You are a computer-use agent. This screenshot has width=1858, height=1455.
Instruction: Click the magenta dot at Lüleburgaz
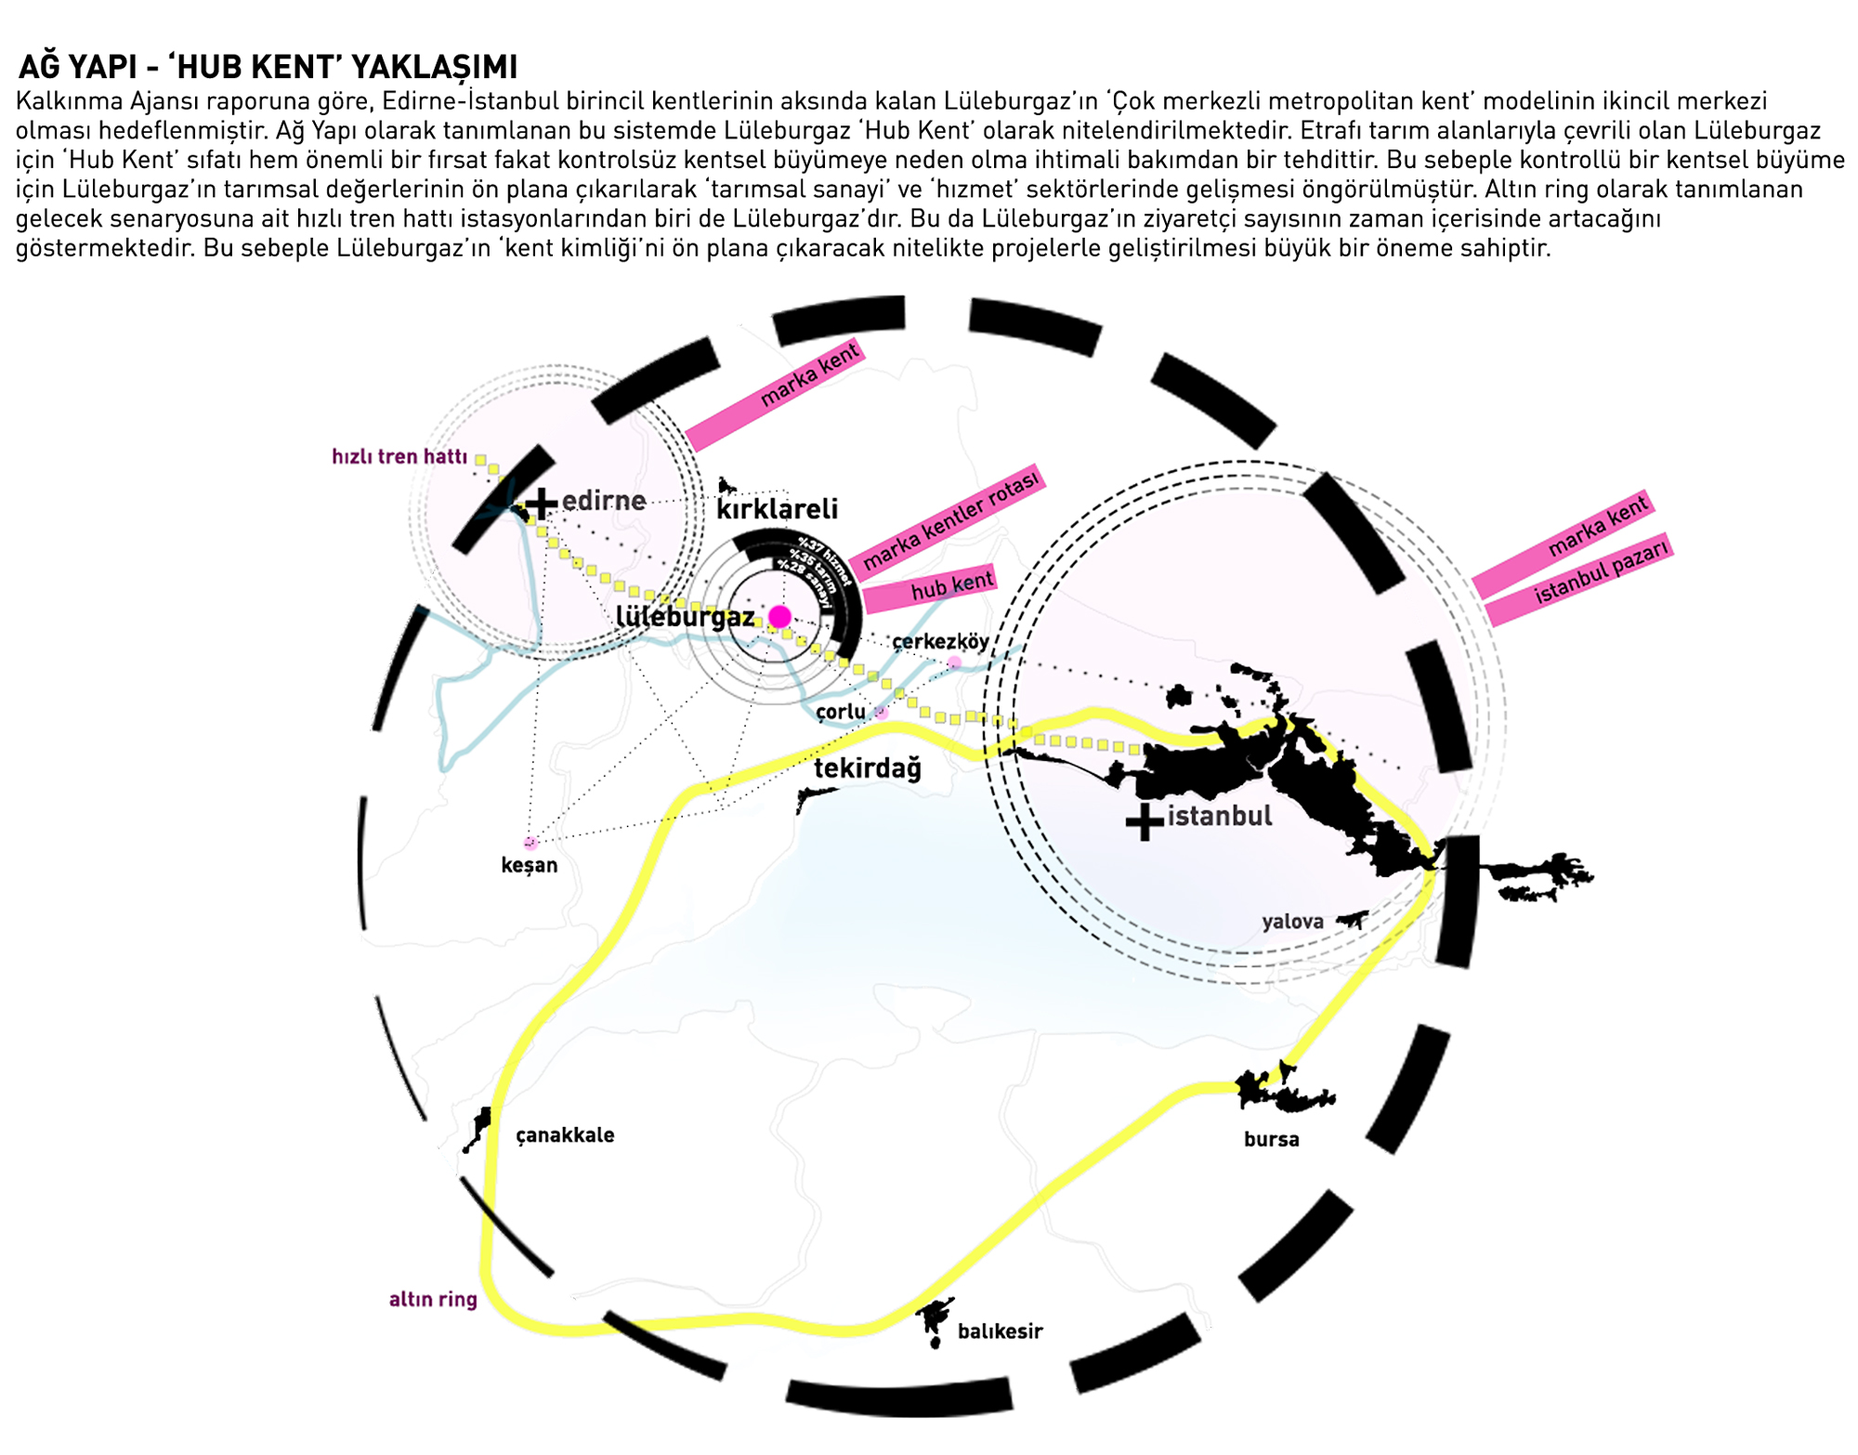pyautogui.click(x=779, y=617)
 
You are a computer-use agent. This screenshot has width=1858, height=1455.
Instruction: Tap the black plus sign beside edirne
pyautogui.click(x=541, y=504)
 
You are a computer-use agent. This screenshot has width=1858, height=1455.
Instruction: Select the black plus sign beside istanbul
pyautogui.click(x=1145, y=821)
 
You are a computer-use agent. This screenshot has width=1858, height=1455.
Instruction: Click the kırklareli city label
pyautogui.click(x=777, y=509)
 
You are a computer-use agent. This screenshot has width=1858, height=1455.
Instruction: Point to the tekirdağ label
pyautogui.click(x=868, y=768)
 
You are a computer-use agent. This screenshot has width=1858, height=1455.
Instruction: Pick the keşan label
pyautogui.click(x=530, y=866)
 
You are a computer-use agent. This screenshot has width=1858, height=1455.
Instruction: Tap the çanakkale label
pyautogui.click(x=565, y=1135)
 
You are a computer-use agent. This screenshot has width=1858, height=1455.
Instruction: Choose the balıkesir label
pyautogui.click(x=1000, y=1331)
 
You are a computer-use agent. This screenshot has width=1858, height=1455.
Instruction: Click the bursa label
pyautogui.click(x=1271, y=1140)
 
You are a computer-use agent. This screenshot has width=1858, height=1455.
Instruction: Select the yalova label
pyautogui.click(x=1292, y=922)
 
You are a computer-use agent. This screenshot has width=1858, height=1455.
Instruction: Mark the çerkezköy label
pyautogui.click(x=940, y=641)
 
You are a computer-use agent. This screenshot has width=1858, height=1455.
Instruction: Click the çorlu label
pyautogui.click(x=841, y=712)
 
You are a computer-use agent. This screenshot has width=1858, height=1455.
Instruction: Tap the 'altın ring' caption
pyautogui.click(x=433, y=1300)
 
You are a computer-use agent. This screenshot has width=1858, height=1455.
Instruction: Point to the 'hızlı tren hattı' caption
pyautogui.click(x=399, y=456)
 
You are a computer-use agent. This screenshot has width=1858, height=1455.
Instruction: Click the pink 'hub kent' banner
pyautogui.click(x=929, y=587)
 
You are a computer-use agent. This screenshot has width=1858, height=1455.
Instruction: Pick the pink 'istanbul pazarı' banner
pyautogui.click(x=1579, y=578)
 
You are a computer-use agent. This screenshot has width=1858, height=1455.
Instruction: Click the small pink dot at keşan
pyautogui.click(x=530, y=844)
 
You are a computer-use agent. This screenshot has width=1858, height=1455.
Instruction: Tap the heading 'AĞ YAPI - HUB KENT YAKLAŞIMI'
pyautogui.click(x=268, y=67)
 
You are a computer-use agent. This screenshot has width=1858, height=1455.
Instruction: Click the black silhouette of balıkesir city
pyautogui.click(x=935, y=1319)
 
